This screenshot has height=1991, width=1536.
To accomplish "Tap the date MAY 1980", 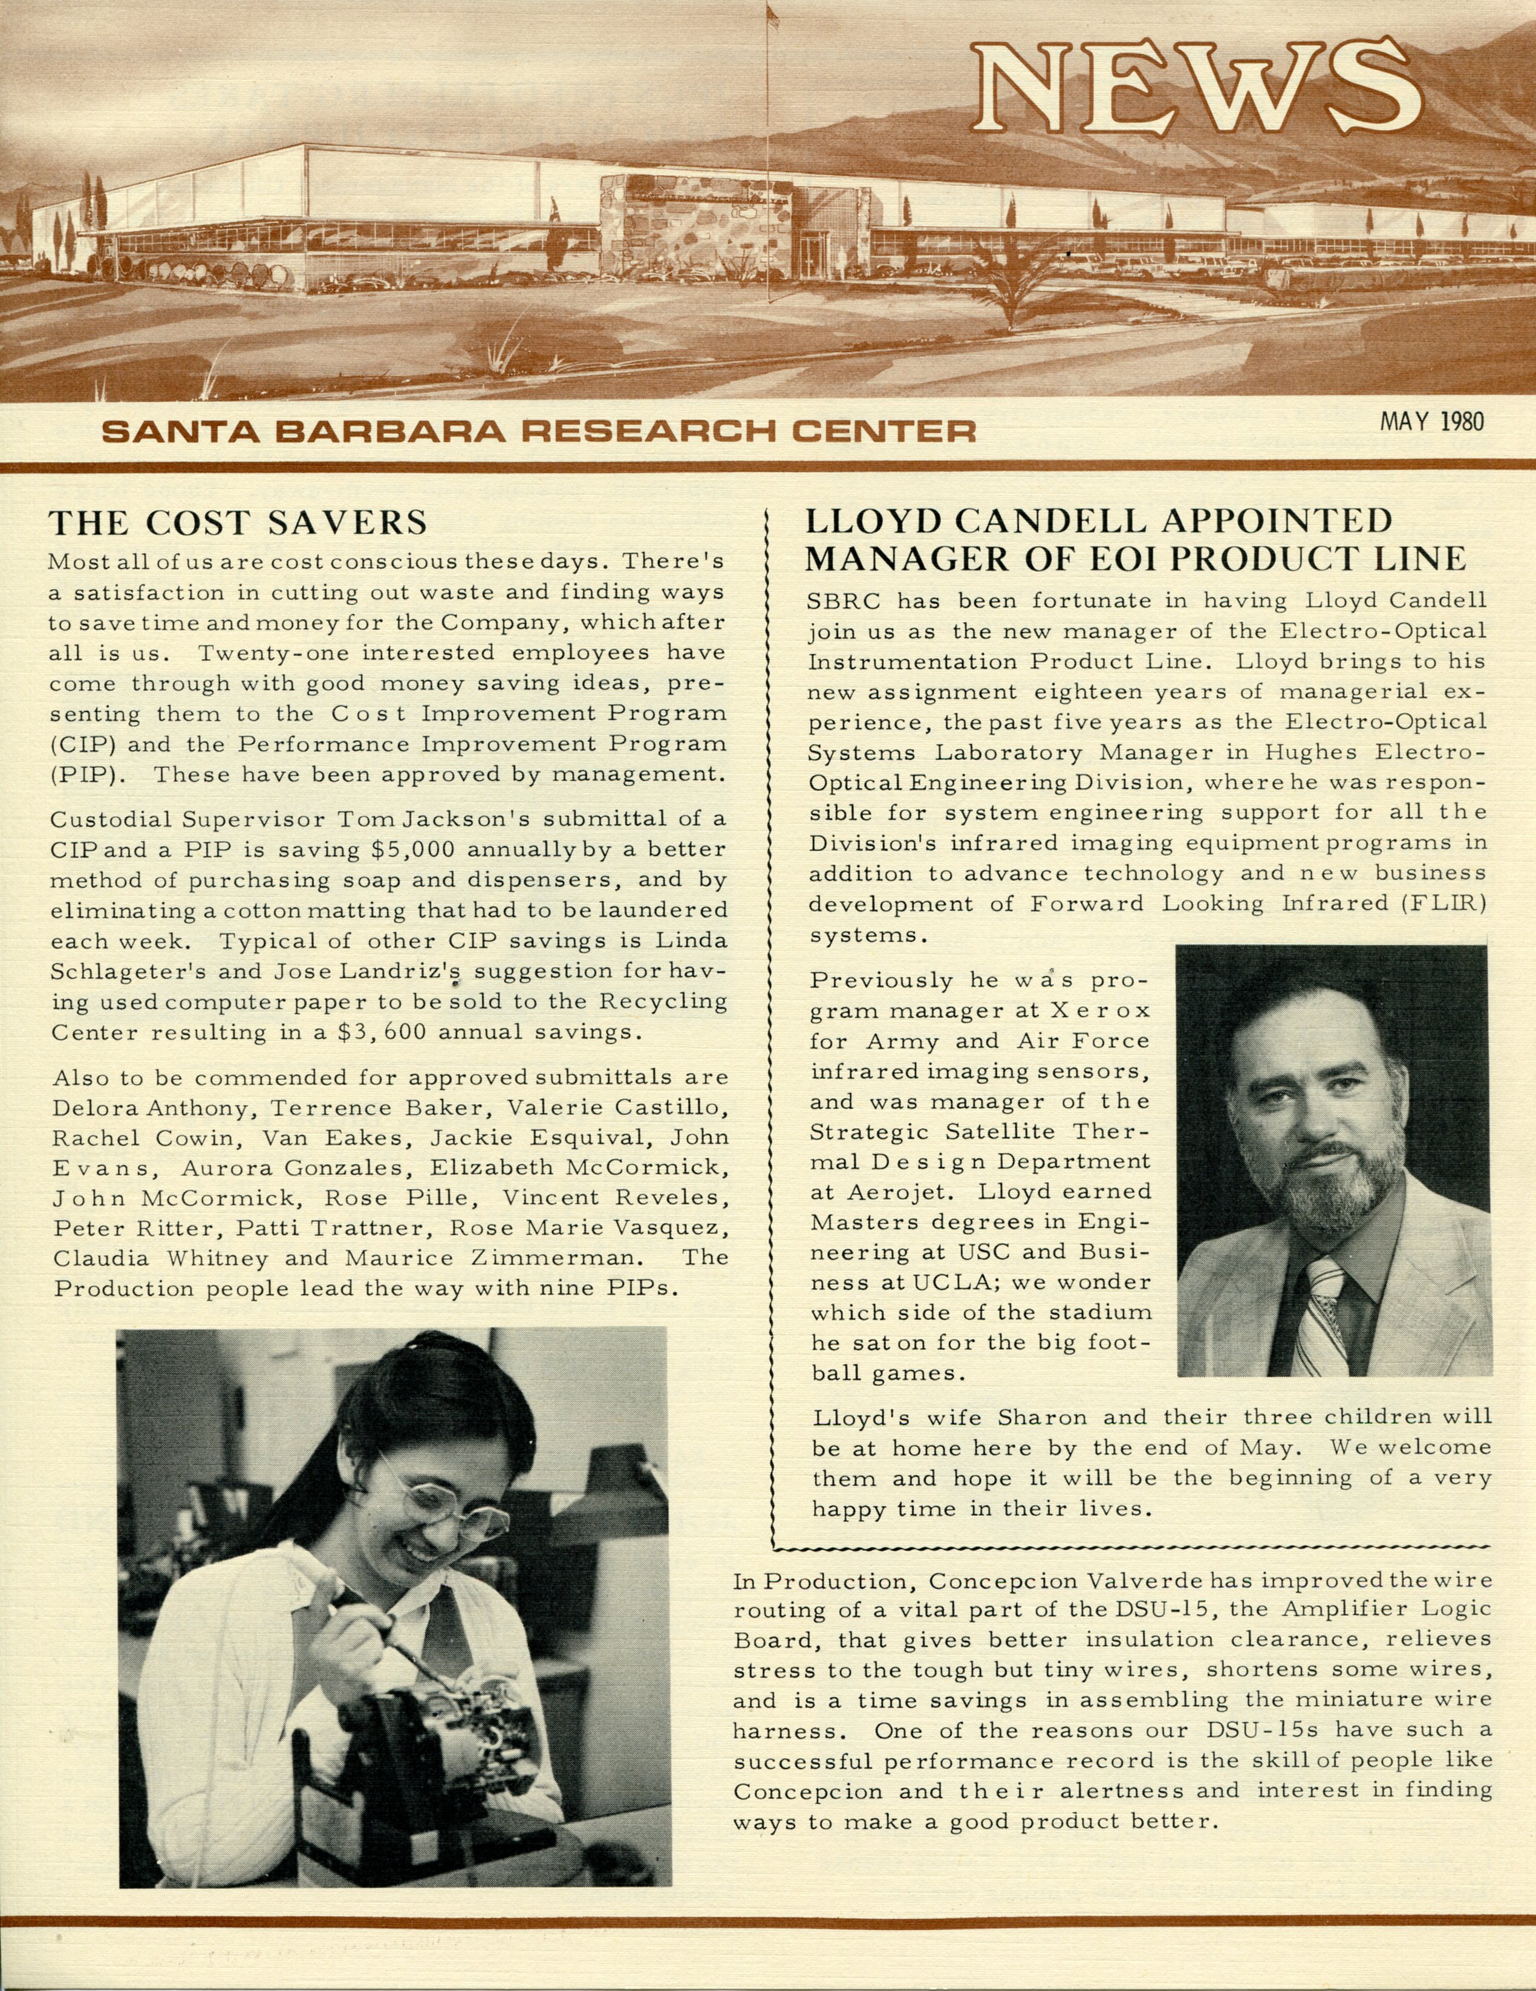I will (x=1431, y=421).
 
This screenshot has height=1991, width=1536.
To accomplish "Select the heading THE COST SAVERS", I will (x=238, y=522).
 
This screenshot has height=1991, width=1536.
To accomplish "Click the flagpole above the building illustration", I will (x=771, y=91).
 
